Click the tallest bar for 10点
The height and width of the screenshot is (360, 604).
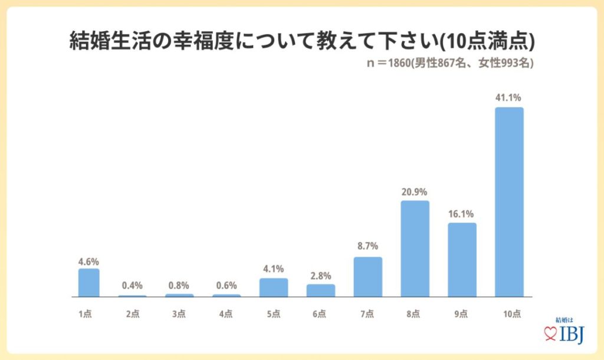click(509, 202)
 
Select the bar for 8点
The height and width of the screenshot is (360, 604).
click(415, 248)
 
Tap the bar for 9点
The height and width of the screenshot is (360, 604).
click(462, 260)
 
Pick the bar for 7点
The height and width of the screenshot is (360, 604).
click(368, 277)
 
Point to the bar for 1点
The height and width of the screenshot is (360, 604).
click(88, 283)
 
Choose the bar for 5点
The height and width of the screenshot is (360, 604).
click(274, 287)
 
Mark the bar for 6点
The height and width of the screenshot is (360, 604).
click(321, 290)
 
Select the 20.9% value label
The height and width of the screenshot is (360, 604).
click(415, 192)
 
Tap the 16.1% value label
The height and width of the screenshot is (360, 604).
click(462, 214)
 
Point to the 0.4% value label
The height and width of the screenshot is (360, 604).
click(133, 286)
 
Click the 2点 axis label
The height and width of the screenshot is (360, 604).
click(133, 313)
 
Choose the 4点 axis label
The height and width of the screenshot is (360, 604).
click(226, 313)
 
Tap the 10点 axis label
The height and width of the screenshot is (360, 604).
click(509, 313)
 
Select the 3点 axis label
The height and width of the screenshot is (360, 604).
click(179, 313)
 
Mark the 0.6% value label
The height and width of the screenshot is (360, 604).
click(226, 286)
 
